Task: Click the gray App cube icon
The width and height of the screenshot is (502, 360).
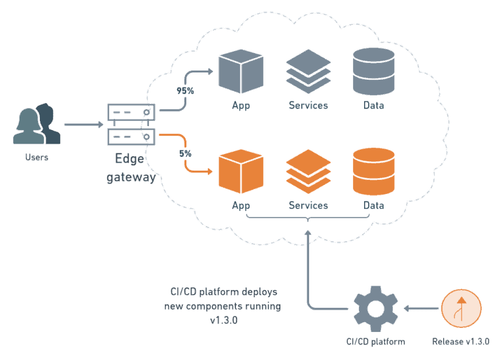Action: point(241,72)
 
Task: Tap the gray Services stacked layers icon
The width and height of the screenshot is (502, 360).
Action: point(308,72)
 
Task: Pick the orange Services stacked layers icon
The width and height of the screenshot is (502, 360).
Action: point(308,171)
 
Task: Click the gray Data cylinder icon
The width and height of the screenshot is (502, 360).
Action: point(373,72)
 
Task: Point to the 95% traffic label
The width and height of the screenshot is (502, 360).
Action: point(185,91)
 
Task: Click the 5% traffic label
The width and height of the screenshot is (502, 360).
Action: point(186,154)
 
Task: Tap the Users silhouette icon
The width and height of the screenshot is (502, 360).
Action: point(37,124)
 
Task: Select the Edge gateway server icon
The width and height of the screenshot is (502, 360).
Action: point(131,124)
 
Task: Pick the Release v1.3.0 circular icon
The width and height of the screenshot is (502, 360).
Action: point(461,308)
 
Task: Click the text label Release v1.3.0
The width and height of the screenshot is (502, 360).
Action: point(461,341)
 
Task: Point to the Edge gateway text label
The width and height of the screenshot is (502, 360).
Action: point(131,168)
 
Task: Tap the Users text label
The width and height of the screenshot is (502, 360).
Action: point(37,157)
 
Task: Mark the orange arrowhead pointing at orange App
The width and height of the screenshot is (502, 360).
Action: point(210,172)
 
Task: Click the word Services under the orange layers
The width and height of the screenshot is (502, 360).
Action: point(308,205)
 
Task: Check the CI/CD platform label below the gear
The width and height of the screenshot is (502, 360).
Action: point(375,341)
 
